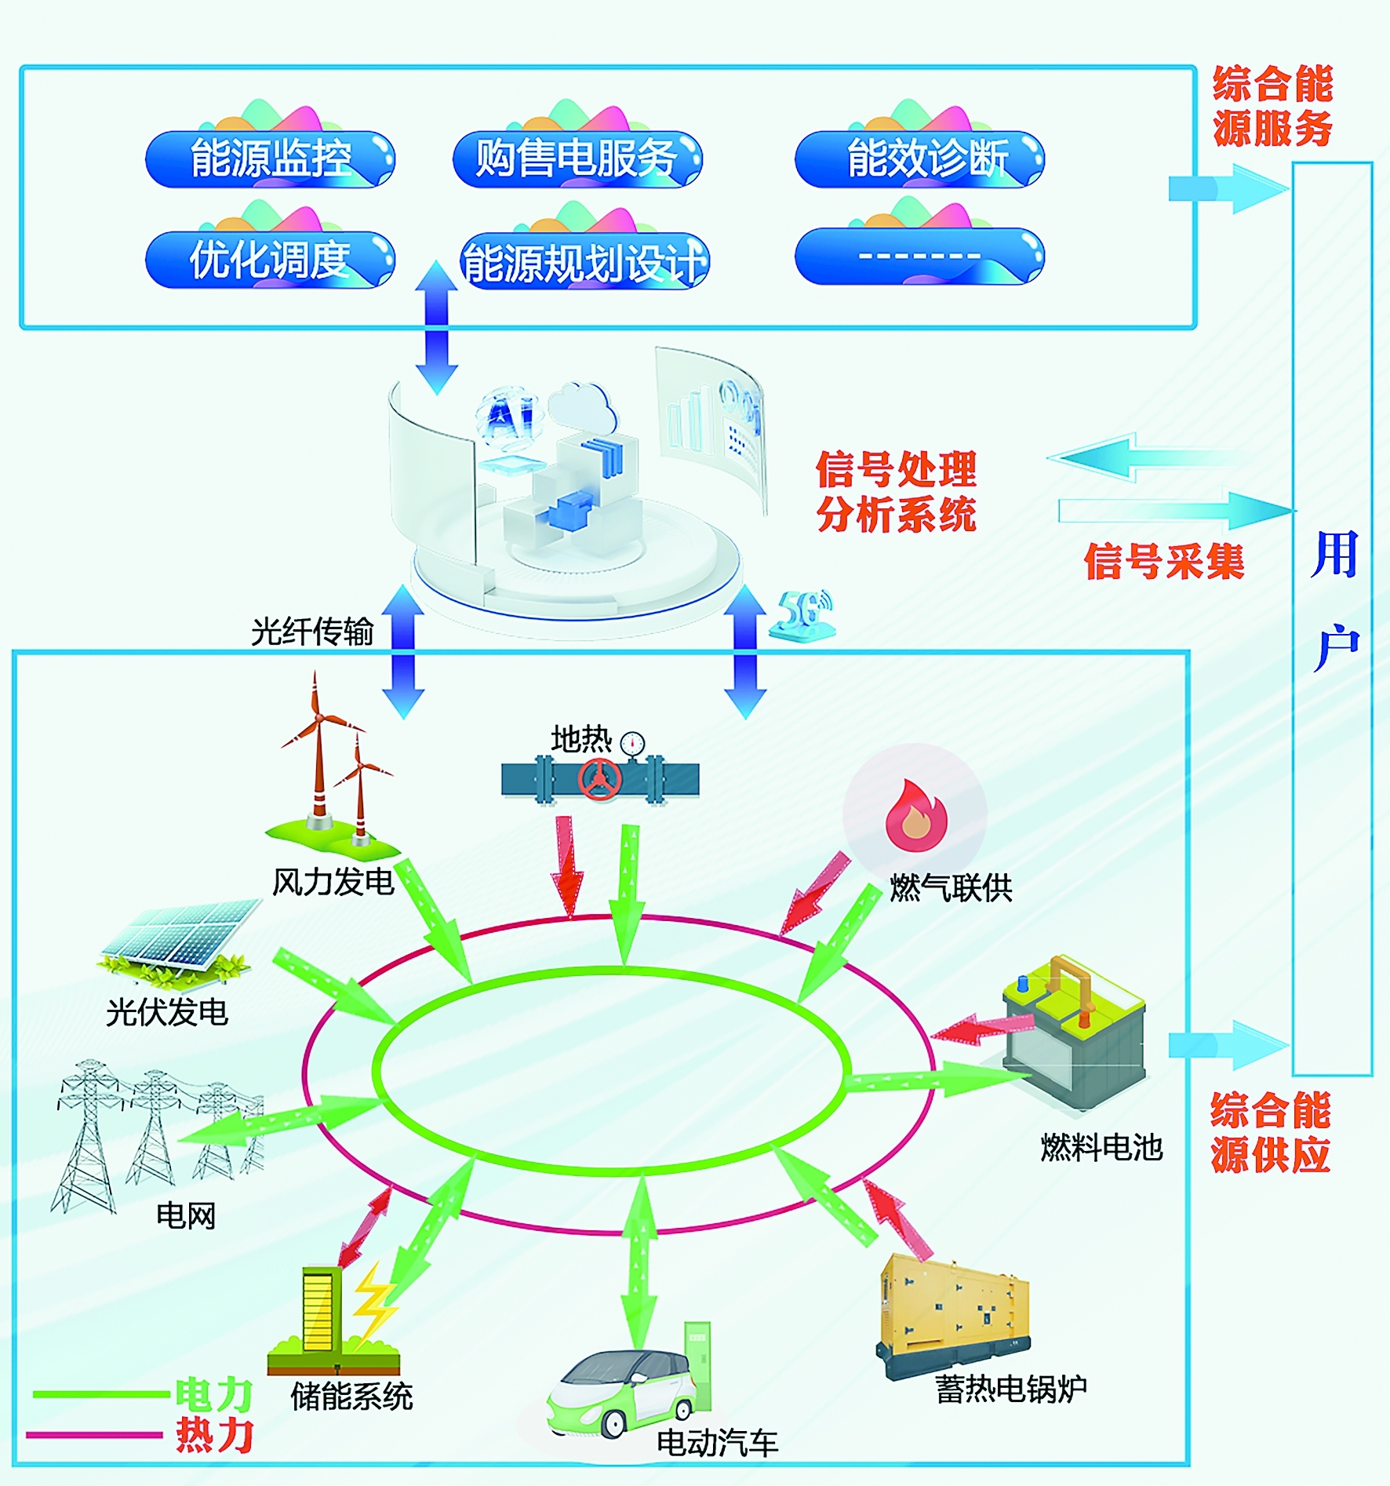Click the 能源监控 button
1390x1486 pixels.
coord(270,159)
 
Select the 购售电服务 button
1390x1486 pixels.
coord(577,159)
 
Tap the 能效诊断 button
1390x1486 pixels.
coord(919,159)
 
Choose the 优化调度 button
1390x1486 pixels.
coord(270,260)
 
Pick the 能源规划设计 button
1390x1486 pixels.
coord(584,261)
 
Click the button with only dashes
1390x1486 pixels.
coord(919,256)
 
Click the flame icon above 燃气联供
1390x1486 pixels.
coord(915,815)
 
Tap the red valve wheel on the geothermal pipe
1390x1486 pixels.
coord(600,779)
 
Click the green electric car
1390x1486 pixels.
coord(620,1393)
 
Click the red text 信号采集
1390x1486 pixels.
coord(1164,562)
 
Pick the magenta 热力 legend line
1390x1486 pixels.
coord(94,1435)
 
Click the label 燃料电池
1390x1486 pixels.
coord(1101,1148)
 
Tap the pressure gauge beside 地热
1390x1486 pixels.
coord(632,743)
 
